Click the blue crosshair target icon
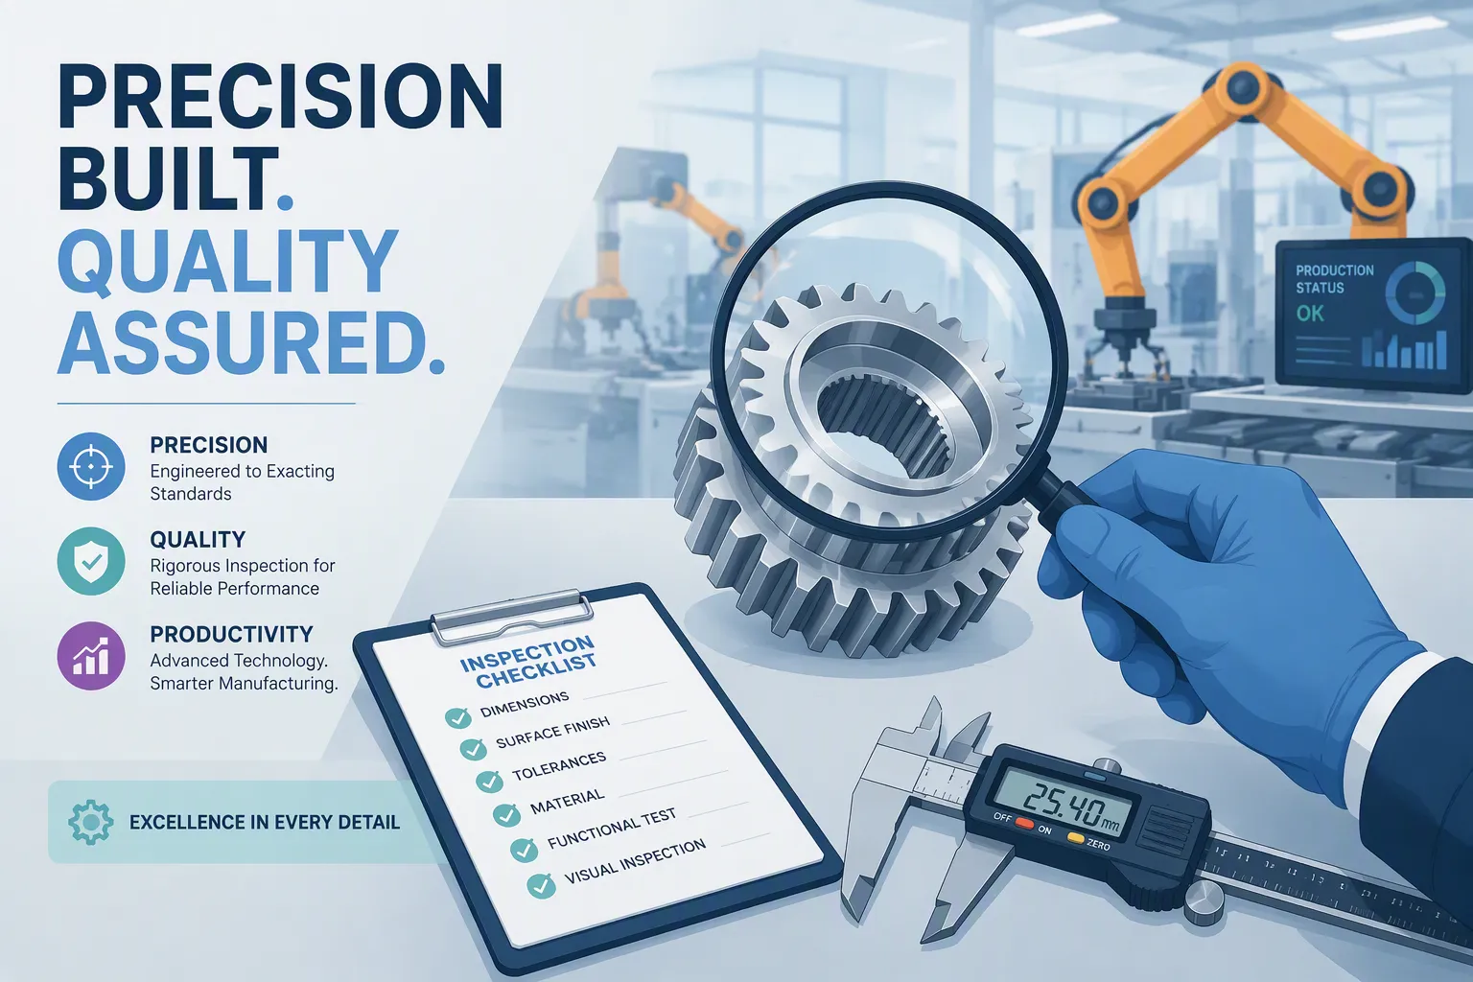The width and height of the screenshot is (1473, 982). click(x=91, y=466)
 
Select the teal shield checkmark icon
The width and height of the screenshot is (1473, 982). click(x=91, y=561)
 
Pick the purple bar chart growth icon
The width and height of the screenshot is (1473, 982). click(x=91, y=656)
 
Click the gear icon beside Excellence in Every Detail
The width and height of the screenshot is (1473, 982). click(x=90, y=822)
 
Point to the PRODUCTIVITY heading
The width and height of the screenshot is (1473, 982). click(x=231, y=634)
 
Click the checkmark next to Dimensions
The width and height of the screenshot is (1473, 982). click(x=457, y=717)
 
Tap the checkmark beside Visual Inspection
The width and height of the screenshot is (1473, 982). click(x=541, y=886)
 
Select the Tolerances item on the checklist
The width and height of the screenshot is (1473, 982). click(x=559, y=766)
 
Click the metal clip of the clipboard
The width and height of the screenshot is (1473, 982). click(x=510, y=616)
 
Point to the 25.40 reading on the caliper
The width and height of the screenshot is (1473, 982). click(x=1064, y=806)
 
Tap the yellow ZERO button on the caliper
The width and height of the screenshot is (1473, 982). click(x=1075, y=838)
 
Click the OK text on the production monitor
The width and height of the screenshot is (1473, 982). click(x=1310, y=314)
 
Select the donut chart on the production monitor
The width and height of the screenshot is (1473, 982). click(x=1415, y=292)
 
